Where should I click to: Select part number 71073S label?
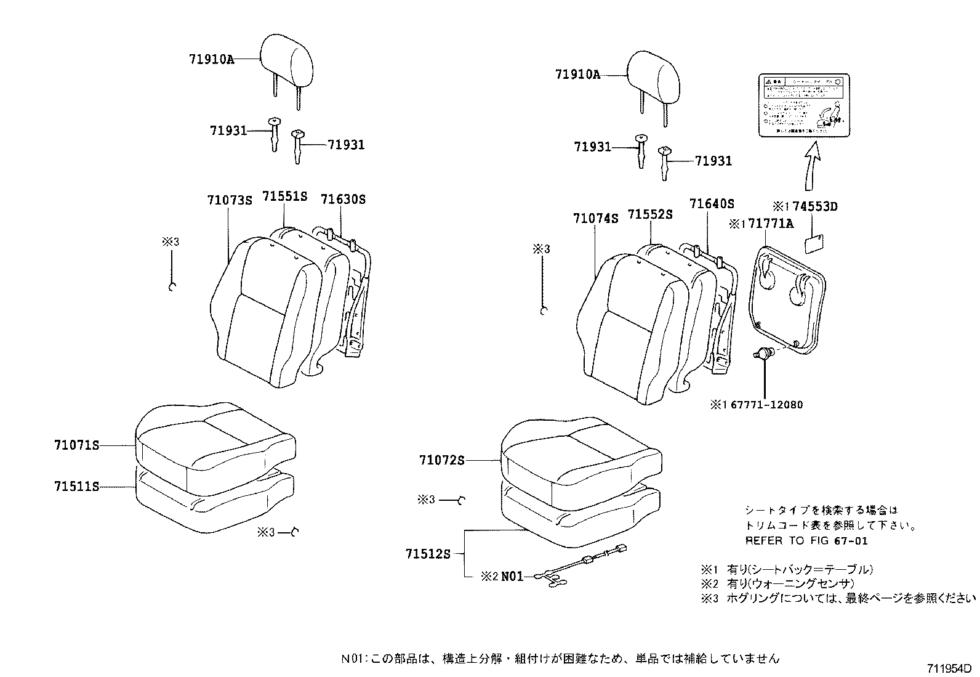229,201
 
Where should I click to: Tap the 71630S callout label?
343,199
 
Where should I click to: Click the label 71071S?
76,445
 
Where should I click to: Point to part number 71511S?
76,487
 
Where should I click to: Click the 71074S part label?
595,218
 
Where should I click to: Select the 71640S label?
712,204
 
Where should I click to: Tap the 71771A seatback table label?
769,224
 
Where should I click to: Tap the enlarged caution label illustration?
803,105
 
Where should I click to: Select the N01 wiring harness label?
512,577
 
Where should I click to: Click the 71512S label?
428,554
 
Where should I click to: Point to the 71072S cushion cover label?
441,460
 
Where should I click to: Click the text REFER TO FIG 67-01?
806,541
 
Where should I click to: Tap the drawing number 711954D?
949,668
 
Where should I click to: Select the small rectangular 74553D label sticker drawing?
815,244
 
